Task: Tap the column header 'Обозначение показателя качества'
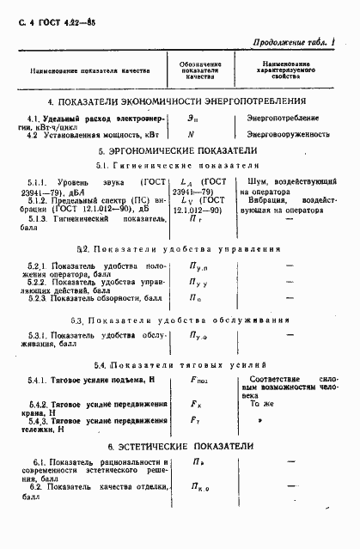[202, 70]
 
